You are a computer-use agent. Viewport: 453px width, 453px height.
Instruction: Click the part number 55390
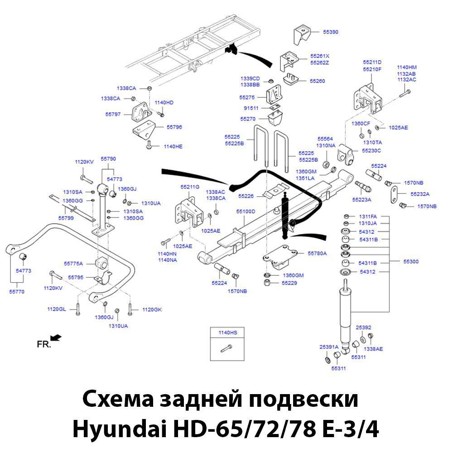(330, 32)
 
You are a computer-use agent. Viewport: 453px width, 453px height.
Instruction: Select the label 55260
(318, 81)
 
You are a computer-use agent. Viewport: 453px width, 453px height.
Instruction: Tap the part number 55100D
(246, 212)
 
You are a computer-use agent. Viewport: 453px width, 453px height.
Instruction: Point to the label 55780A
(317, 253)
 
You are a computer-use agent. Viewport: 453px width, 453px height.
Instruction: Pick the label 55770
(17, 292)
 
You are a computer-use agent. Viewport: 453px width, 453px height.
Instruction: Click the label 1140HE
(173, 146)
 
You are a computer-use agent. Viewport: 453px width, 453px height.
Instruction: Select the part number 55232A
(420, 194)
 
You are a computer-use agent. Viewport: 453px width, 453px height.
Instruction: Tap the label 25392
(363, 327)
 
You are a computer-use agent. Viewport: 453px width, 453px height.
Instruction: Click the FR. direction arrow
(56, 337)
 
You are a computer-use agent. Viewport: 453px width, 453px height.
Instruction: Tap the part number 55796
(174, 127)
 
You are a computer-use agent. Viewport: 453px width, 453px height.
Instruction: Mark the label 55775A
(73, 263)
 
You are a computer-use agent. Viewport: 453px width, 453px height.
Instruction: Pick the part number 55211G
(190, 187)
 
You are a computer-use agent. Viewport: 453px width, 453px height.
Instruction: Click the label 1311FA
(368, 217)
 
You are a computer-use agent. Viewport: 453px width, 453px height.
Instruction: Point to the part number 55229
(289, 283)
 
